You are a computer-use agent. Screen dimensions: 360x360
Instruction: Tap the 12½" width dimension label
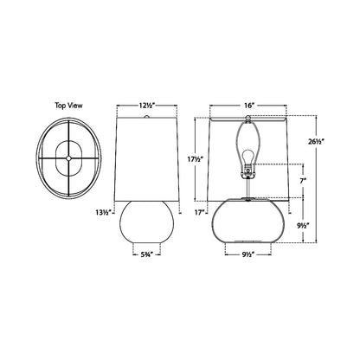point(146,105)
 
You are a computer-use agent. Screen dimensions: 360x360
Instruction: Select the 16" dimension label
point(249,105)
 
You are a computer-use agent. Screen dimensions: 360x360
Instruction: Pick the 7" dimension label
point(302,183)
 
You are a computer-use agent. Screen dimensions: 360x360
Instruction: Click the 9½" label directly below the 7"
point(303,224)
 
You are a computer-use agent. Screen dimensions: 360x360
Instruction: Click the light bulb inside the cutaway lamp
point(249,154)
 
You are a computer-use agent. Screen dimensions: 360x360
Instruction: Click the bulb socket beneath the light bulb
point(249,170)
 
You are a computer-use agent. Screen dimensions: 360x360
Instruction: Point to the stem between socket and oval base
point(249,189)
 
